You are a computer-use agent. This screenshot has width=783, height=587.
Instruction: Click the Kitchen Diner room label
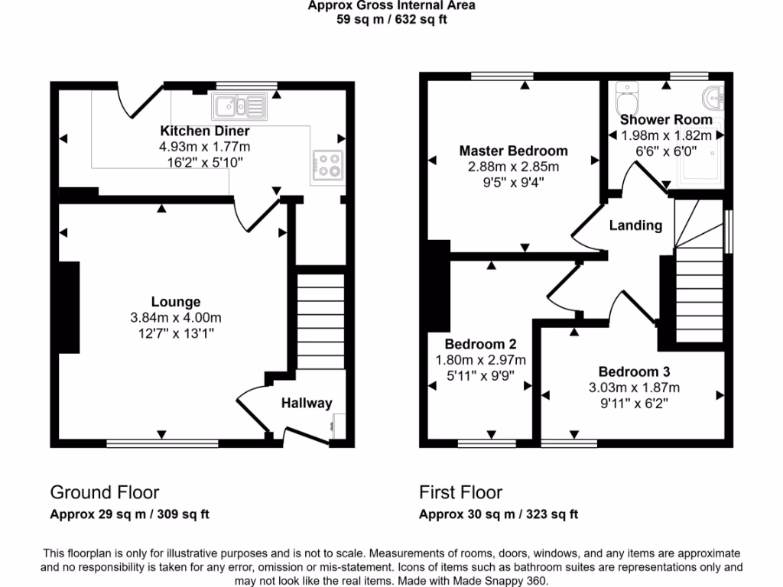tap(204, 131)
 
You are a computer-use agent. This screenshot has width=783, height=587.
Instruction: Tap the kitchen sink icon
tap(239, 105)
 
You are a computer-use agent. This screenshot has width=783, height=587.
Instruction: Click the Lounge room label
tap(176, 302)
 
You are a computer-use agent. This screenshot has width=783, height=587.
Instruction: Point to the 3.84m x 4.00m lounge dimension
tap(176, 317)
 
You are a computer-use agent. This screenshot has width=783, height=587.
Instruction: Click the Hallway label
tap(307, 403)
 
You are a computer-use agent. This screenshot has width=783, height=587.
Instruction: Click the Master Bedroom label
tap(513, 151)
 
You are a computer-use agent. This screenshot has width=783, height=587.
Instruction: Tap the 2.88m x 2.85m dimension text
tap(513, 166)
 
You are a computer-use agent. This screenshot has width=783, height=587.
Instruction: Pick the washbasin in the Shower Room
tap(715, 99)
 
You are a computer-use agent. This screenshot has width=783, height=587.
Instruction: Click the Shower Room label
tap(666, 120)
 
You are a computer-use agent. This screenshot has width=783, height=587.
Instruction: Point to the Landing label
tap(635, 225)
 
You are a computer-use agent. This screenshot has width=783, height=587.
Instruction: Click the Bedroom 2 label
tap(481, 344)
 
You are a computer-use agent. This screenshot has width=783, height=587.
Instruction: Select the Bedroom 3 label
tap(634, 372)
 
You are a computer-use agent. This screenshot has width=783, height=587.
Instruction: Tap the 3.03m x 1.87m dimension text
tap(634, 388)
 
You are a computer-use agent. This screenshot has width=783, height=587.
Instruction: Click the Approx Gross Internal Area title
tap(391, 6)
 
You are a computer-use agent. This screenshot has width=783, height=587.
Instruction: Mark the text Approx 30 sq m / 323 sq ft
tap(499, 514)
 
